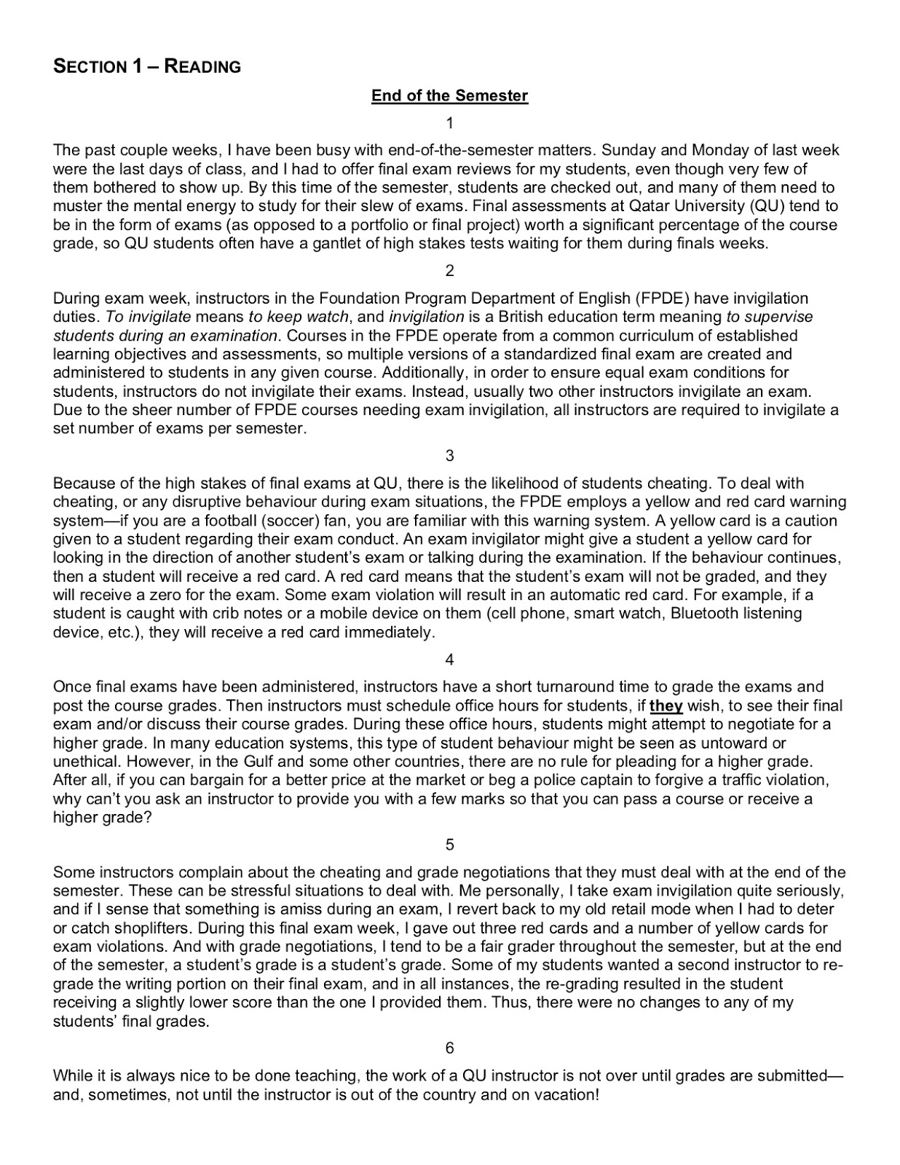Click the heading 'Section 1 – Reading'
coord(147,67)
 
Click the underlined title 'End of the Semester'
coord(449,95)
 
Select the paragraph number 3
coord(449,456)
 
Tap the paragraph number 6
coord(449,1048)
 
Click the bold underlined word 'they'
coord(666,706)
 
